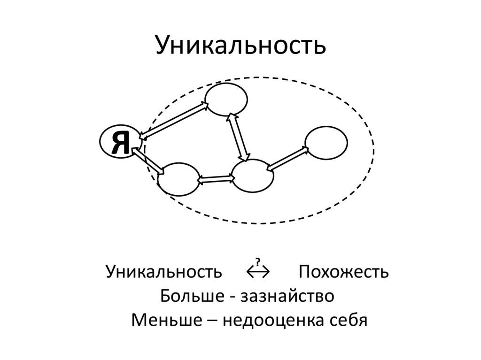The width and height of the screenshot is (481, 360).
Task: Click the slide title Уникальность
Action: tap(240, 46)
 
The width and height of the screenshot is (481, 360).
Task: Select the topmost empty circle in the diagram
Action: tap(226, 99)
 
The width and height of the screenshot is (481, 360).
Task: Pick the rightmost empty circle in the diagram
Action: tap(326, 142)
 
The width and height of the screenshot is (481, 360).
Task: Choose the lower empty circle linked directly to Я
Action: tap(178, 179)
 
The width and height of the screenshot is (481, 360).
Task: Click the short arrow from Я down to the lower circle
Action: tap(148, 160)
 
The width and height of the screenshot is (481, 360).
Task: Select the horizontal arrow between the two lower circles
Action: tap(216, 179)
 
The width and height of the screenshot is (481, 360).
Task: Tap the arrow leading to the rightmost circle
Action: tap(287, 158)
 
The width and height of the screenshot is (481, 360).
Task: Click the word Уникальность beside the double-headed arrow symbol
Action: tap(164, 271)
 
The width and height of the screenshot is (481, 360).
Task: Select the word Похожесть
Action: tap(343, 271)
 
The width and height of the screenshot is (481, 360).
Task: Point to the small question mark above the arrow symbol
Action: tap(257, 261)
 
